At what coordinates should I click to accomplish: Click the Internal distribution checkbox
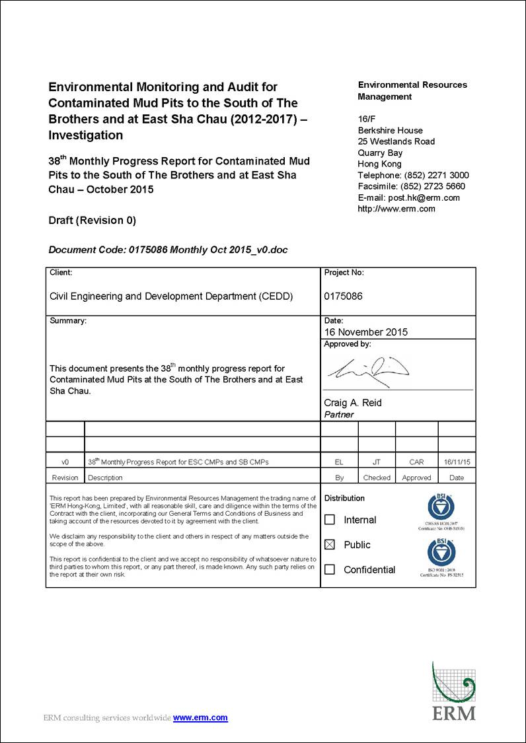coord(330,520)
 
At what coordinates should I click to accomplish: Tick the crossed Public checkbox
coord(330,545)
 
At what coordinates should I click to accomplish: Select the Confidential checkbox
coord(330,569)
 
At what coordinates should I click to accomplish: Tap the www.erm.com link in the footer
coord(200,718)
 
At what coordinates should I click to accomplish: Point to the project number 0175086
coord(343,297)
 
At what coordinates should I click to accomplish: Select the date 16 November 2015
coord(365,332)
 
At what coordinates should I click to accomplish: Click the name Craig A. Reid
coord(352,403)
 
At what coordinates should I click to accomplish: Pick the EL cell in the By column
coord(339,462)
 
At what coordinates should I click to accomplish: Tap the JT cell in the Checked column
coord(377,462)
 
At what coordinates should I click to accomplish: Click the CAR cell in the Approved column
coord(416,462)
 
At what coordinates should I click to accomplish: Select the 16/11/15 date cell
coord(457,462)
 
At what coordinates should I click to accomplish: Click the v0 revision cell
coord(65,462)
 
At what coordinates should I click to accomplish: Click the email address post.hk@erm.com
coord(424,197)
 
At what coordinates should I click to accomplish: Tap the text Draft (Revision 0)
coord(93,221)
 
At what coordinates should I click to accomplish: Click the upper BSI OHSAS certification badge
coord(441,508)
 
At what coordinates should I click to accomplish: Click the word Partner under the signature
coord(339,415)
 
